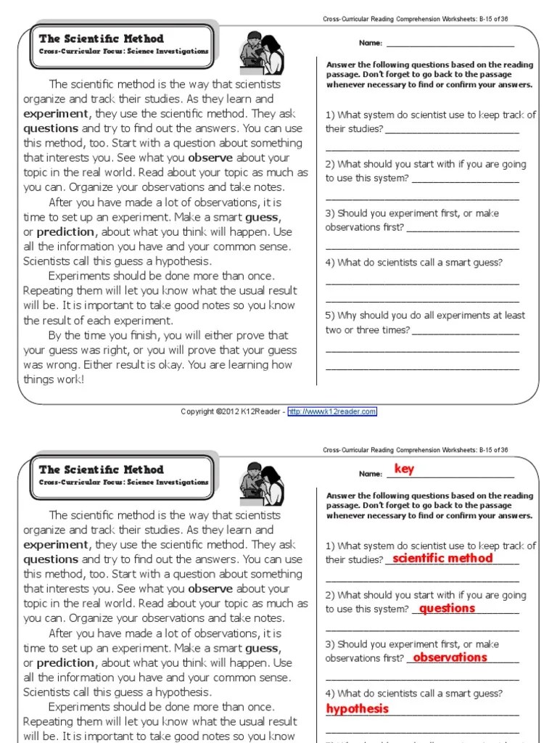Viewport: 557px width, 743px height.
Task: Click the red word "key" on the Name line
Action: click(404, 469)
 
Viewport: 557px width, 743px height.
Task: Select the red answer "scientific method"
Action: click(442, 558)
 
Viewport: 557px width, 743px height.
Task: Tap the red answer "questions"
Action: click(447, 608)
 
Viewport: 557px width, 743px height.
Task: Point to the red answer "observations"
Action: click(450, 657)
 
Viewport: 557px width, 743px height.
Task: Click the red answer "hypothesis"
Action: click(358, 708)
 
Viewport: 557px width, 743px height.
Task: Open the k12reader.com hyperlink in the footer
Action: click(332, 411)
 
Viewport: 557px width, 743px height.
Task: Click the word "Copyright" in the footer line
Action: click(197, 411)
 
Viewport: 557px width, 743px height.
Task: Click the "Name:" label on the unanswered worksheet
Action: click(370, 44)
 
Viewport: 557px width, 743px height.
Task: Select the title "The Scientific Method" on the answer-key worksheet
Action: click(102, 469)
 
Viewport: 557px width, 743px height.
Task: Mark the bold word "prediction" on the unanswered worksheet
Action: click(66, 231)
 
